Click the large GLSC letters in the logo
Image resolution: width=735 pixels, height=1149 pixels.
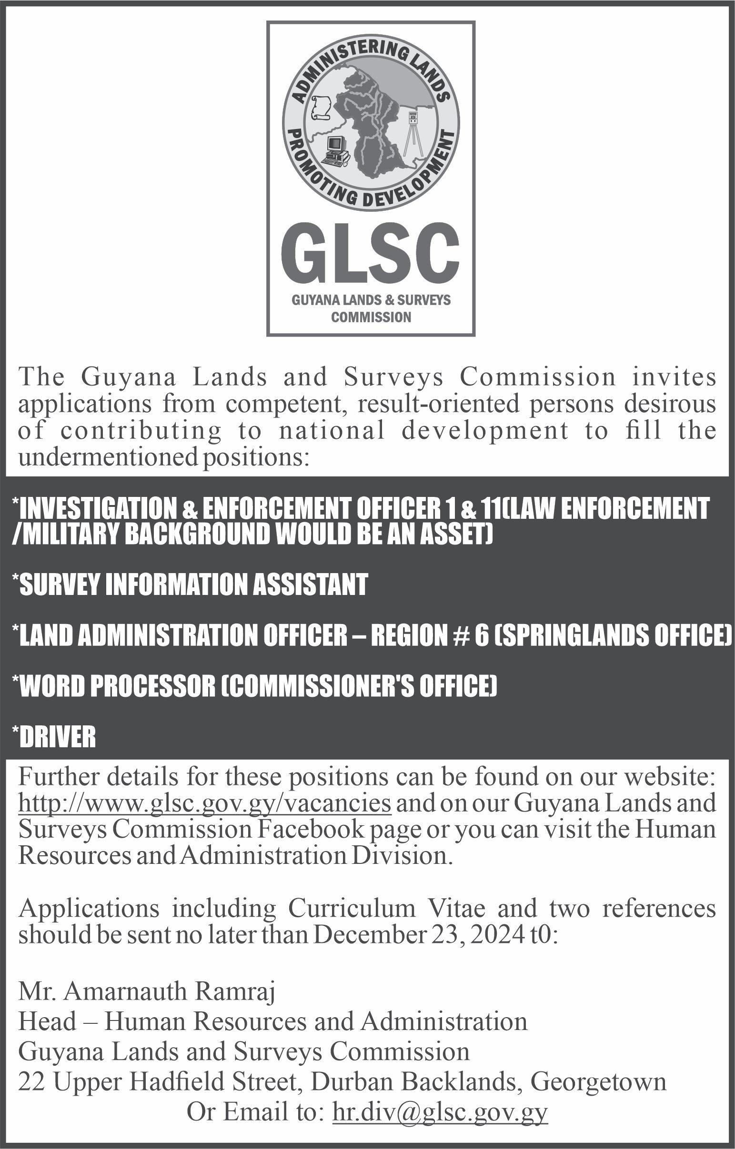pyautogui.click(x=370, y=255)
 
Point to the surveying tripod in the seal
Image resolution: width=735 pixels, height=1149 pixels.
pyautogui.click(x=413, y=134)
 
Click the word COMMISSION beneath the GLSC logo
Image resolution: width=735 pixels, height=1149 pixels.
pyautogui.click(x=371, y=317)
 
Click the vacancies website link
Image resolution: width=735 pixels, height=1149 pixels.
pyautogui.click(x=205, y=803)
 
